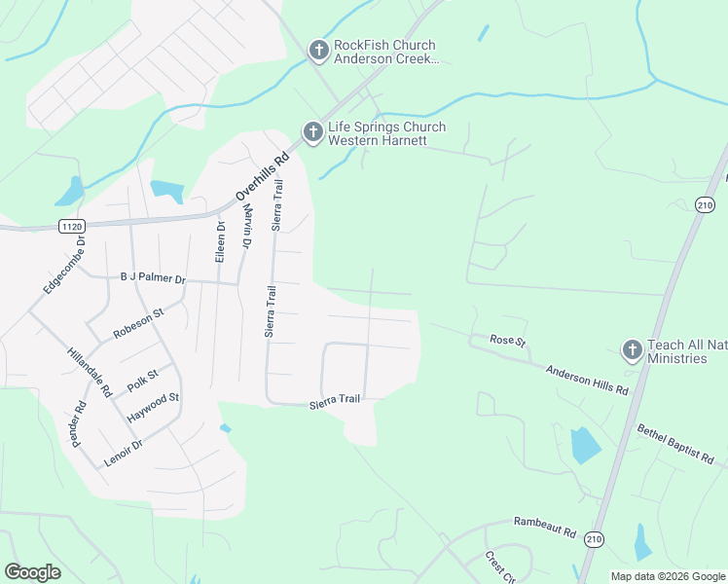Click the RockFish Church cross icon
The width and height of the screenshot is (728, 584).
(x=317, y=50)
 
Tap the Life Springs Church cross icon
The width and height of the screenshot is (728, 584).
(x=312, y=131)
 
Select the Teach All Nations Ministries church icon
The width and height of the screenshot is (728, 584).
(x=633, y=350)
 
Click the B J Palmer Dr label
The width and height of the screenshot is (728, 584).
(x=153, y=277)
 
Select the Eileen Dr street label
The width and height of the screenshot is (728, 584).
(x=220, y=242)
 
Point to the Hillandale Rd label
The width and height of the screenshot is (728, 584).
(x=89, y=373)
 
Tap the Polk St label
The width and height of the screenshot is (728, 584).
(x=142, y=380)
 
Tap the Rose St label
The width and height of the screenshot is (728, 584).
(x=507, y=342)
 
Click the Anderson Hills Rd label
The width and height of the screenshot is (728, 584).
(x=587, y=379)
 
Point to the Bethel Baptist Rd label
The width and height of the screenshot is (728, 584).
(x=681, y=443)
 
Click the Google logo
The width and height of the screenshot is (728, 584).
(x=34, y=572)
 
